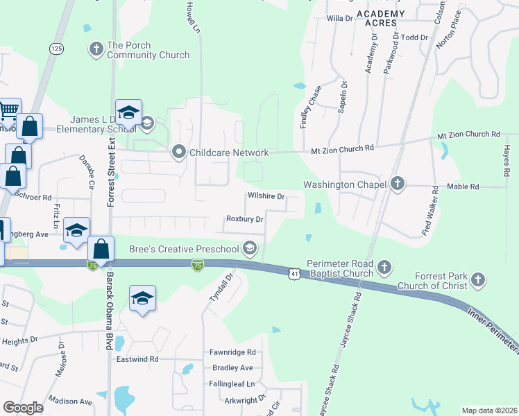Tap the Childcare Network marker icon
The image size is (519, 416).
(x=179, y=152)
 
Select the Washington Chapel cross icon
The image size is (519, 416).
(x=397, y=184)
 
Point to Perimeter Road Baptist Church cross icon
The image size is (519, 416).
(x=384, y=266)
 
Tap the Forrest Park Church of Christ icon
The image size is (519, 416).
(x=477, y=280)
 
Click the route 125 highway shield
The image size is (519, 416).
(x=57, y=48)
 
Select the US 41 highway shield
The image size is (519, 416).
(x=295, y=275)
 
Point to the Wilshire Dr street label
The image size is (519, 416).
(x=266, y=196)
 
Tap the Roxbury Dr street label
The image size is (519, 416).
(x=245, y=219)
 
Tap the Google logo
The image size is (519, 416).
(x=23, y=408)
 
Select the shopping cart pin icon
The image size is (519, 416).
(x=8, y=110)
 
